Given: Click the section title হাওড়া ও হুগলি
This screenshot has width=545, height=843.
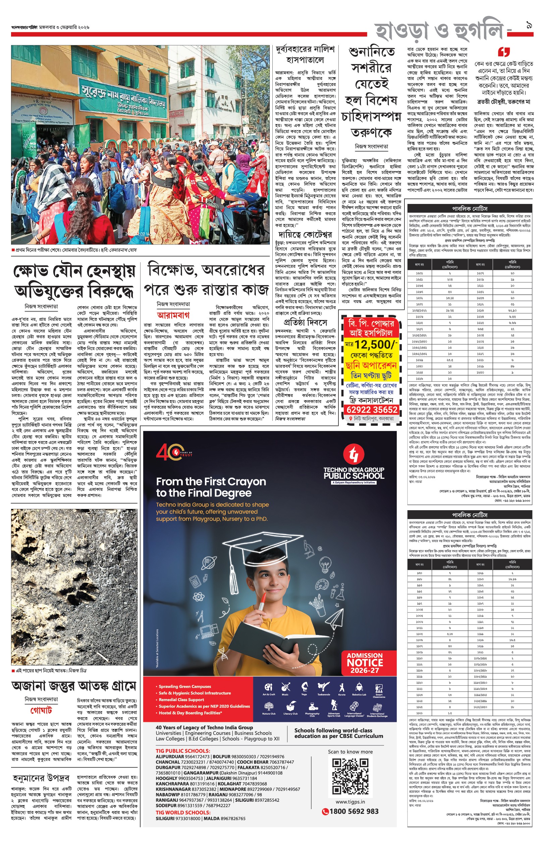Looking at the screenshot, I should (439, 31).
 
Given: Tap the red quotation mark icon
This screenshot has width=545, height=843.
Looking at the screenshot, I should (504, 52).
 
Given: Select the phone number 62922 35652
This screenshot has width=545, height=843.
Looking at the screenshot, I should (372, 410).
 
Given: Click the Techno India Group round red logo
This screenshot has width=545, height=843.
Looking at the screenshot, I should (353, 454).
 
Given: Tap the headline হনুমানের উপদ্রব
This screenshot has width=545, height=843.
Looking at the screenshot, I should (41, 778).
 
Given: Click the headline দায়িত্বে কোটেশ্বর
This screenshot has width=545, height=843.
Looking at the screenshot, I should (305, 234).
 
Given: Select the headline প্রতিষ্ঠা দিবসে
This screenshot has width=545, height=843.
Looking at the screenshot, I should (305, 322).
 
